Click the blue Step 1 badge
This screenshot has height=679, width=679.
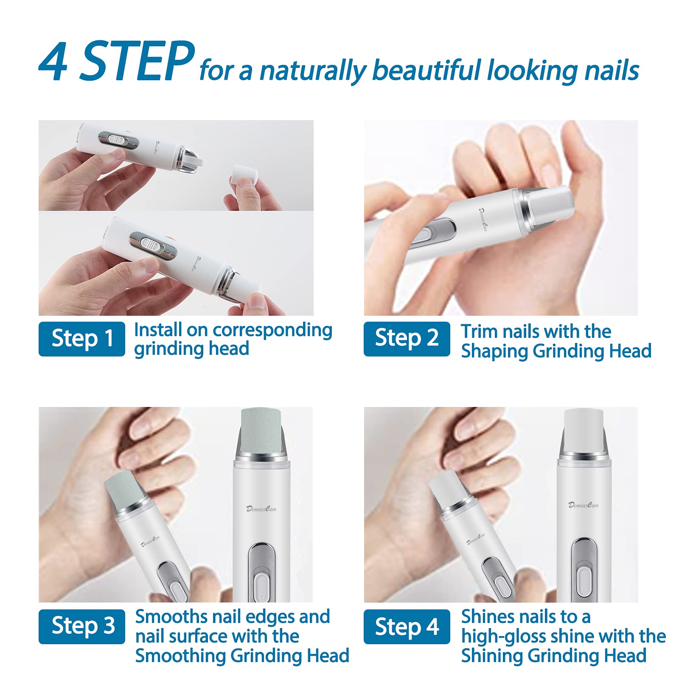[x=81, y=339]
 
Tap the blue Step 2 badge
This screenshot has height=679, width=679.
[x=407, y=339]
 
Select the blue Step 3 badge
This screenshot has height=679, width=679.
[x=81, y=626]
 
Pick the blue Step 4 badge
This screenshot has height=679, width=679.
[x=407, y=626]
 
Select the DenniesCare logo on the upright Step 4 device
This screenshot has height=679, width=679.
[x=584, y=505]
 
